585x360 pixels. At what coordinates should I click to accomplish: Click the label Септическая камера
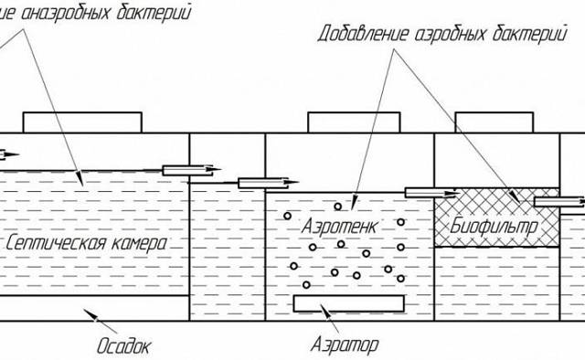tap(83, 244)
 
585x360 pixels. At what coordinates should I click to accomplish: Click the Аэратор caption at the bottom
tap(344, 345)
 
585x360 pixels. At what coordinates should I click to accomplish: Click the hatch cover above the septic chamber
tap(82, 122)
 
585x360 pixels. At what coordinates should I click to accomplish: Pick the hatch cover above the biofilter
tap(494, 122)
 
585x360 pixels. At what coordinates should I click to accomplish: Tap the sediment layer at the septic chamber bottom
tap(91, 309)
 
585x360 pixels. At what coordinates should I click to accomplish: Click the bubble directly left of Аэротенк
tap(287, 217)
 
